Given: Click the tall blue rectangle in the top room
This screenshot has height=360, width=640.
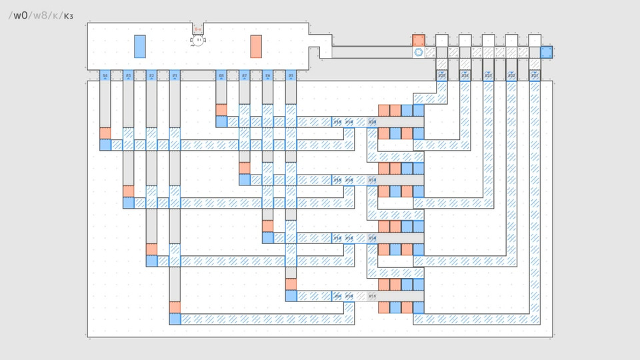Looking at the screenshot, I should (x=140, y=46).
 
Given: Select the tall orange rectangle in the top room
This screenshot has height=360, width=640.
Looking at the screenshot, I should (x=256, y=46).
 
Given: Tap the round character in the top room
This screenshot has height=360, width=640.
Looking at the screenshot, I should (x=198, y=41).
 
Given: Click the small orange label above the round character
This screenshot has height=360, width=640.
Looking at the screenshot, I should (x=198, y=29).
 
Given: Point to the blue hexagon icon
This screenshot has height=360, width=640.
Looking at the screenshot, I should (x=419, y=52).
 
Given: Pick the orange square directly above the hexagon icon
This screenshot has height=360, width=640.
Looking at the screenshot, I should (x=419, y=40).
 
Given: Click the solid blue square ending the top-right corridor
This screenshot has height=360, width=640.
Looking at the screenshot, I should (x=547, y=52).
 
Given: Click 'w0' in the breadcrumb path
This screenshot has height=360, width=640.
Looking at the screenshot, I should (x=21, y=15).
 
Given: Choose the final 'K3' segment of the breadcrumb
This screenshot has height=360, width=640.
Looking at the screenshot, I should (x=69, y=15).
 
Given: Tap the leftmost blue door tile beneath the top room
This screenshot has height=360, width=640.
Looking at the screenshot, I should (x=105, y=75).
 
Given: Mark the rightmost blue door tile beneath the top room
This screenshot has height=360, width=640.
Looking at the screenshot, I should (x=291, y=75).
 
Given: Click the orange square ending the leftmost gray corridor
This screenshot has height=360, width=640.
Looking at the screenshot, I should (x=105, y=133).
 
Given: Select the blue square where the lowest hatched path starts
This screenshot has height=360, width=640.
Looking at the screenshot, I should (x=175, y=319).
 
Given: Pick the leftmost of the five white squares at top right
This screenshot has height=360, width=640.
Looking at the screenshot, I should (x=442, y=40).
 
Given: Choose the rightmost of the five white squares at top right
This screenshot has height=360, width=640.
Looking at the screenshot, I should (x=535, y=40).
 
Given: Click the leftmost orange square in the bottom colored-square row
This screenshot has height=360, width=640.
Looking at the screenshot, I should (x=384, y=307).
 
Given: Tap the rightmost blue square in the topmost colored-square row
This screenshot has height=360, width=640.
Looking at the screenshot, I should (x=418, y=110).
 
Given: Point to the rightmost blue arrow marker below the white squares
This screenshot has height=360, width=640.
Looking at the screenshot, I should (x=535, y=75).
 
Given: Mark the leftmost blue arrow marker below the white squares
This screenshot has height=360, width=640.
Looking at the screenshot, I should (x=442, y=75).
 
